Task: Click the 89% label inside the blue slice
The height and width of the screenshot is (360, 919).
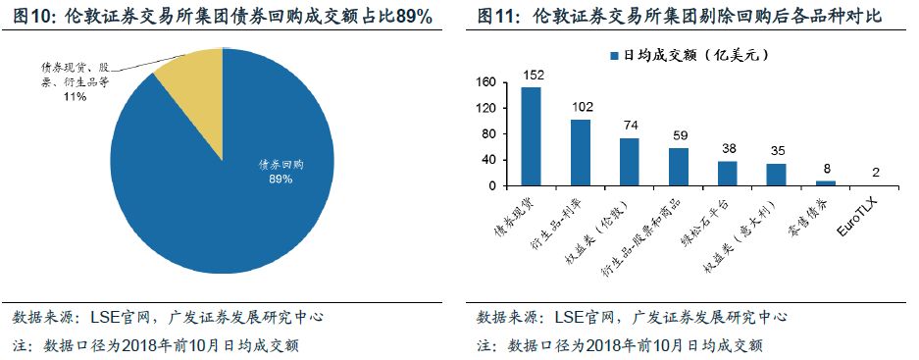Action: tap(281, 179)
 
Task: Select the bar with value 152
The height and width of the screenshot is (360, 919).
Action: tap(531, 135)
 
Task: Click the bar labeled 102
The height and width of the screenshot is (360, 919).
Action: tap(581, 152)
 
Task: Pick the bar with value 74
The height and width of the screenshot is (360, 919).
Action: tap(629, 161)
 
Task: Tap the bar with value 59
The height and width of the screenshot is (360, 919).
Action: tap(679, 166)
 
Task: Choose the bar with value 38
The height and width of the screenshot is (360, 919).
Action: tap(727, 173)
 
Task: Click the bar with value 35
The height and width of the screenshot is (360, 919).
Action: tap(776, 174)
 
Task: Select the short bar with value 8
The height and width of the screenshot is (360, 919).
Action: tap(826, 182)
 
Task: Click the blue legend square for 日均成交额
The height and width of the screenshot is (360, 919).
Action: tap(614, 57)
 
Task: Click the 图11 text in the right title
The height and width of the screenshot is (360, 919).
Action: tap(499, 18)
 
